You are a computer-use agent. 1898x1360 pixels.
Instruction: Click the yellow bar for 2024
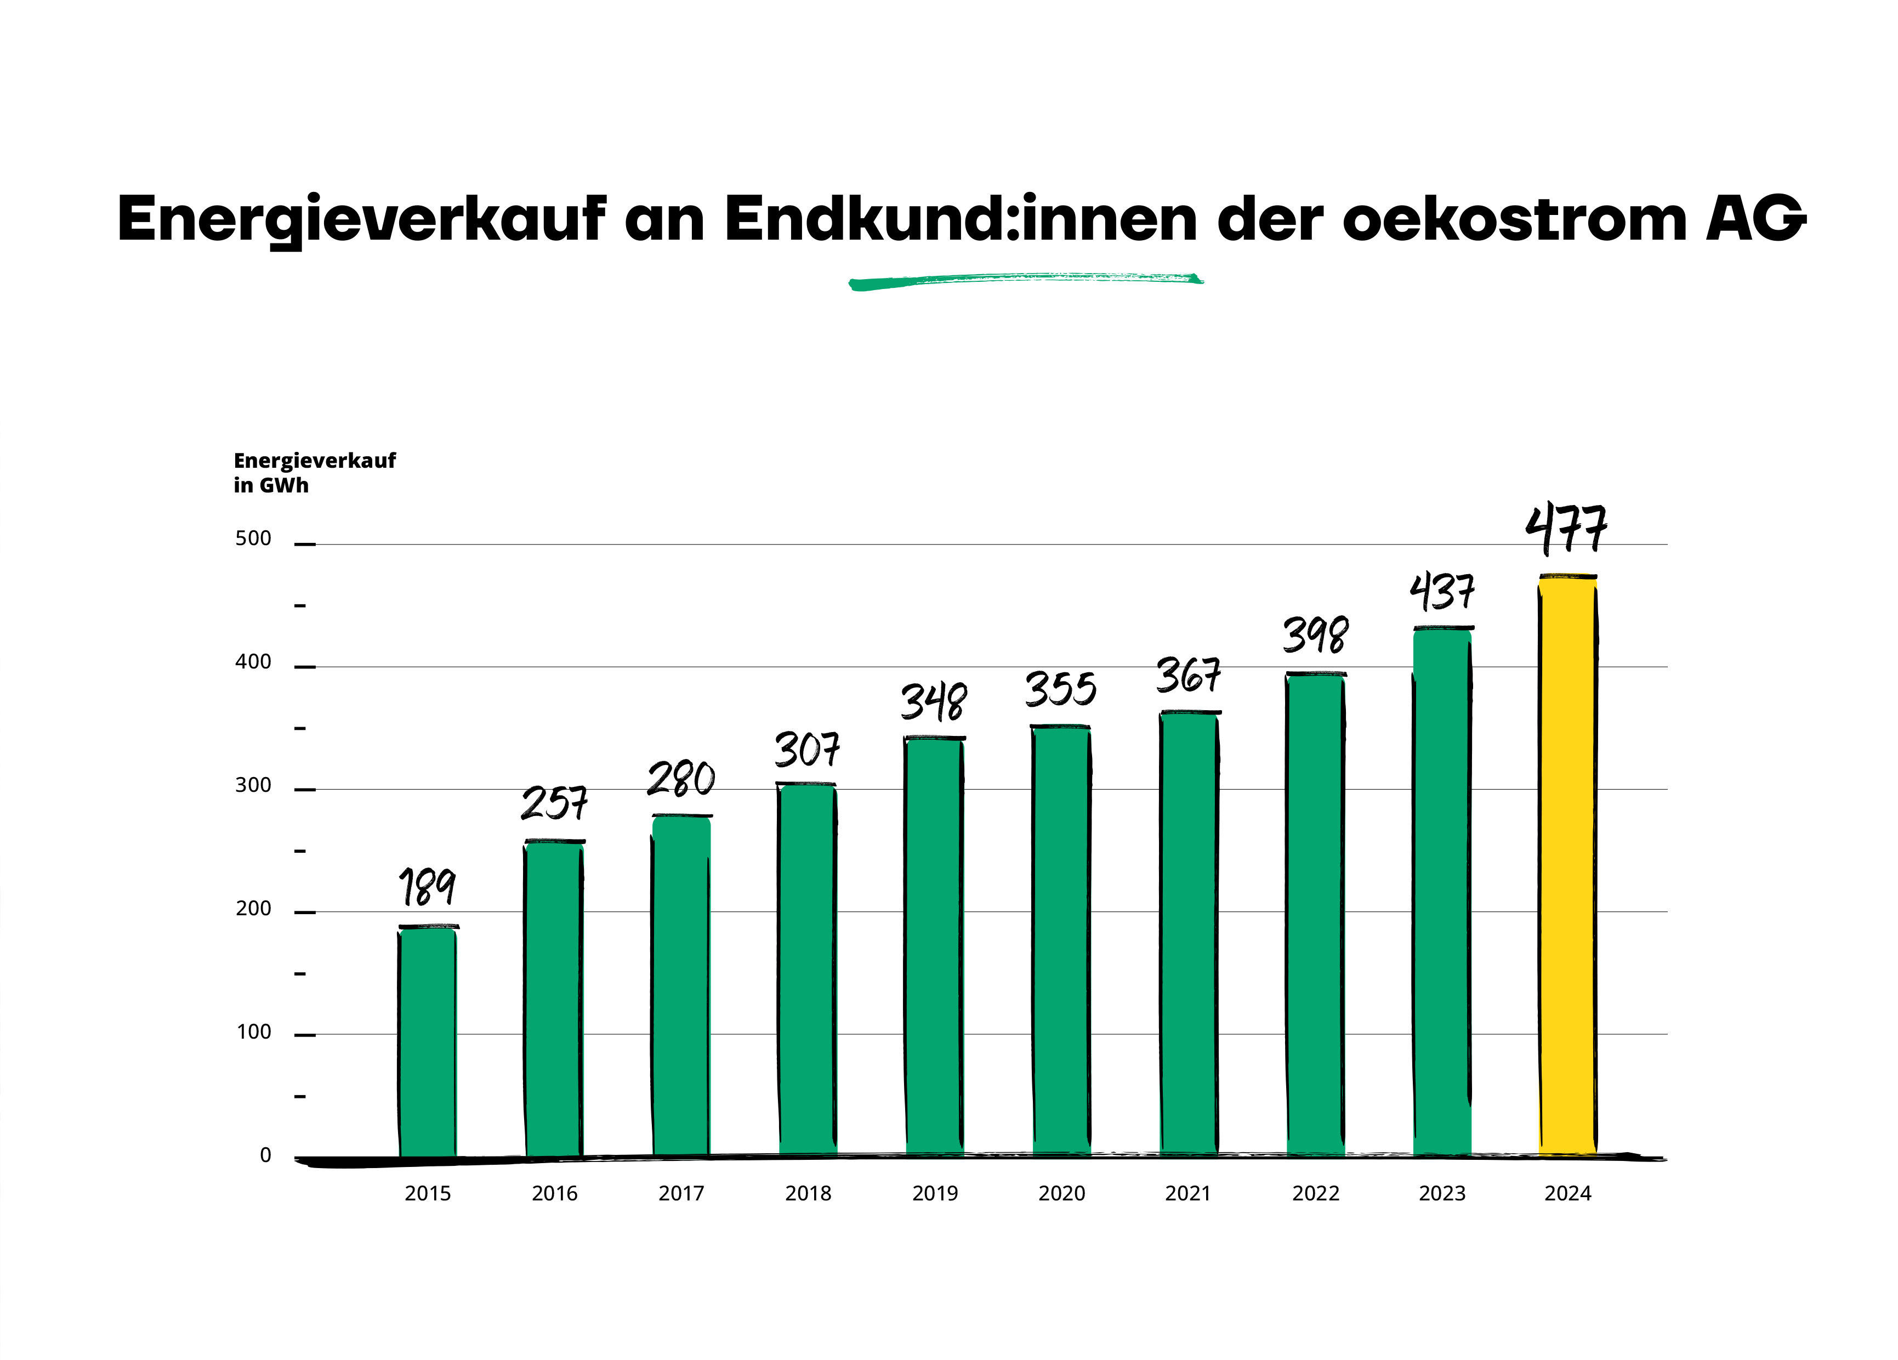(1567, 866)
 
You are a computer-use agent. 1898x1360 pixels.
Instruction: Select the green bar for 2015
(428, 1042)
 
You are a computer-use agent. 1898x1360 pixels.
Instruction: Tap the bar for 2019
(934, 947)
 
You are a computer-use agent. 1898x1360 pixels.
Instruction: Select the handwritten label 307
(807, 749)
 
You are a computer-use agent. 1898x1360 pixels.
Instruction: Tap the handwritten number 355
(1060, 690)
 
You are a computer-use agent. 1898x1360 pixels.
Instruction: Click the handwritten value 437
(1441, 593)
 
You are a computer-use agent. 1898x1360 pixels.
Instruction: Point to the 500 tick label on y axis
(253, 538)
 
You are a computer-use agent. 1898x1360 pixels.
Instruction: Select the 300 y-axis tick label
(253, 785)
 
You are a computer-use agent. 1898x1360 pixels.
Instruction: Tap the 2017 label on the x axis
(681, 1193)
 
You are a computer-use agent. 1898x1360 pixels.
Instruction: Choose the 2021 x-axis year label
(1187, 1193)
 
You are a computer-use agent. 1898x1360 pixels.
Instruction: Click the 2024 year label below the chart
(1567, 1193)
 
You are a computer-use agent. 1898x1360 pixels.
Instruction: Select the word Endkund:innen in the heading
(961, 219)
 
